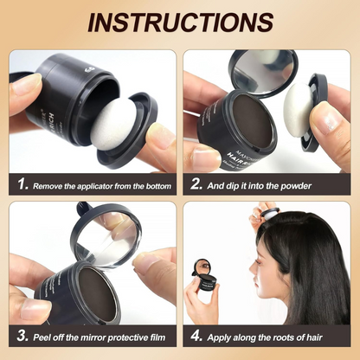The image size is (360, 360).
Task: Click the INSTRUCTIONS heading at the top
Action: (x=179, y=21)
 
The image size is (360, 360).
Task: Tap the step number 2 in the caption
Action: (x=198, y=185)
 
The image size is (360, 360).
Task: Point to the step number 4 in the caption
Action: (x=198, y=334)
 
